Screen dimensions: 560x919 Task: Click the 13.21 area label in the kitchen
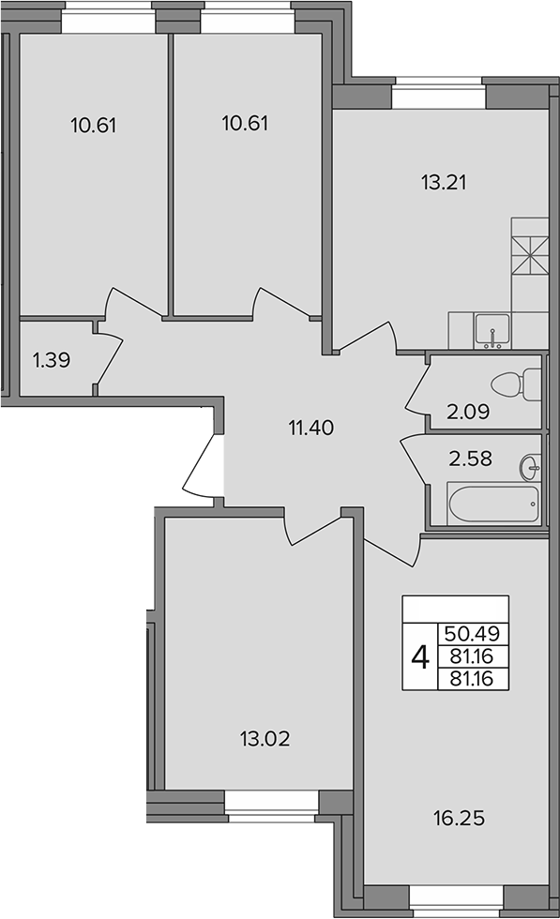click(444, 183)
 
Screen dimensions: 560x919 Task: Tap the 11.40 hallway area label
click(310, 428)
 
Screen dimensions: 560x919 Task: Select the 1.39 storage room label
click(52, 360)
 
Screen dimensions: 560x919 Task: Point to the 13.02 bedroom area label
click(265, 739)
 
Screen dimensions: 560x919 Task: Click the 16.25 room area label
click(459, 818)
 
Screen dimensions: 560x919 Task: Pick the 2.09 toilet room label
click(468, 412)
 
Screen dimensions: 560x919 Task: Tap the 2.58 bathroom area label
click(470, 458)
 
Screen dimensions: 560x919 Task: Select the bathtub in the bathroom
click(492, 504)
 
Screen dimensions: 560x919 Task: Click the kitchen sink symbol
click(492, 331)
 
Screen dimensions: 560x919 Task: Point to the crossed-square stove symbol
click(530, 254)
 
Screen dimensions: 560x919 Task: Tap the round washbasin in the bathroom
click(529, 467)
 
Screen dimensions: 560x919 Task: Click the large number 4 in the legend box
click(420, 657)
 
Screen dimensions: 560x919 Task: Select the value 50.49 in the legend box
click(472, 634)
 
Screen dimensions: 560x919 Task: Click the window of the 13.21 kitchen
click(439, 94)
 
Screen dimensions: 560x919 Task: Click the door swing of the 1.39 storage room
click(109, 358)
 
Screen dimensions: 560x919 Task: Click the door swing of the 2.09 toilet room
click(418, 386)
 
